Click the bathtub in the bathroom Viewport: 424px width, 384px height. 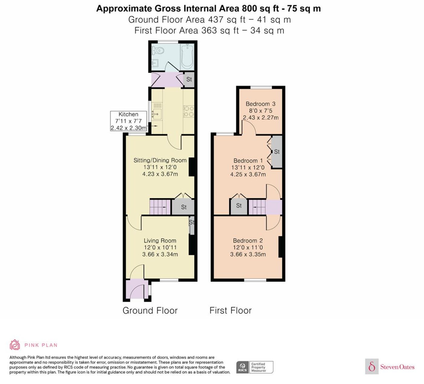[x=187, y=57]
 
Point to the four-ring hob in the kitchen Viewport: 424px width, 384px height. [x=188, y=111]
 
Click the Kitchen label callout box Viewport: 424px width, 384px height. [x=128, y=121]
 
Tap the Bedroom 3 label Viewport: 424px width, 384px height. [x=260, y=104]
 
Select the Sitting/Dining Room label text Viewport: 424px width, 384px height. [x=160, y=160]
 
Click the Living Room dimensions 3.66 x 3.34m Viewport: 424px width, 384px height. [x=160, y=254]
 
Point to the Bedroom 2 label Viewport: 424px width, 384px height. [x=248, y=241]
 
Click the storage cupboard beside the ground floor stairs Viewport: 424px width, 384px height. [x=183, y=207]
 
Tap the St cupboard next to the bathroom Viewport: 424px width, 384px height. [x=189, y=80]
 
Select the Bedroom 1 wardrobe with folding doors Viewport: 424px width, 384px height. [x=276, y=151]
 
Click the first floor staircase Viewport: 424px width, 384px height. [x=257, y=207]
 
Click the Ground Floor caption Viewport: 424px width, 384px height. [x=150, y=311]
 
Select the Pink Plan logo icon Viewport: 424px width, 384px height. [x=15, y=345]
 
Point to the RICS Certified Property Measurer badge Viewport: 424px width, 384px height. [x=255, y=367]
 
